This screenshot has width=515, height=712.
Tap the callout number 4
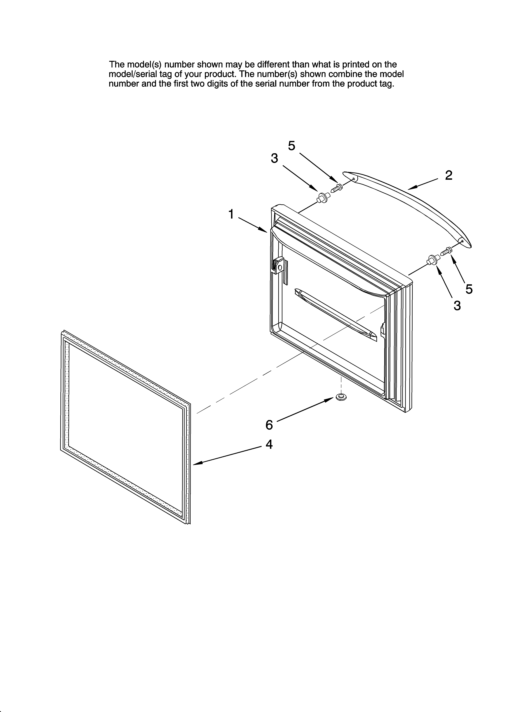tap(269, 444)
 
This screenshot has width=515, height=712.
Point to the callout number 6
tap(269, 425)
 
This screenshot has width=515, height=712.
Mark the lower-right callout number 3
tap(457, 305)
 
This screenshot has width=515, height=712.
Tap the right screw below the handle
tap(446, 251)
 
